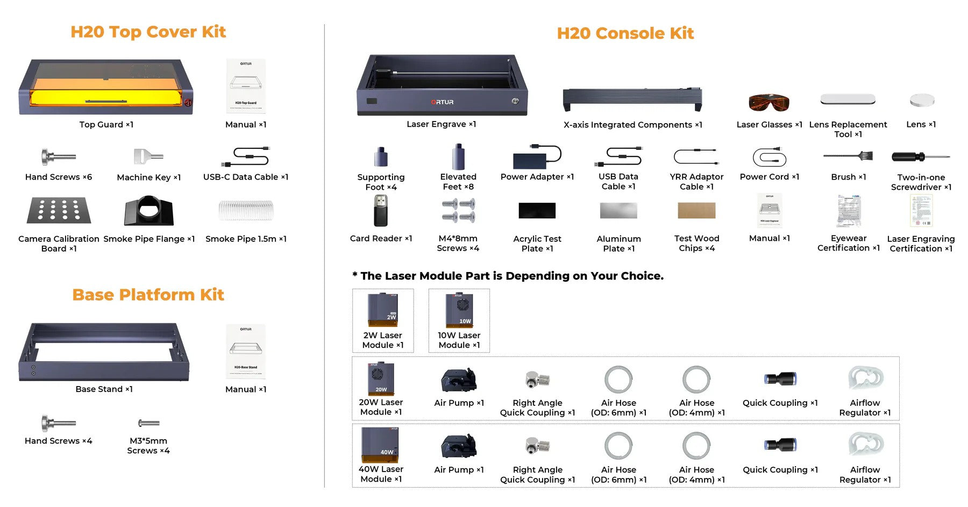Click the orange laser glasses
[x=769, y=102]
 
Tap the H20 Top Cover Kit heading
[x=148, y=32]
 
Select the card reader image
[x=381, y=210]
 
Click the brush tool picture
[x=848, y=156]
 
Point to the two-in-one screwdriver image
[x=920, y=157]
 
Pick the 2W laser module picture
[x=383, y=310]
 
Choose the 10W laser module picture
[x=459, y=310]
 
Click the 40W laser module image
[x=380, y=445]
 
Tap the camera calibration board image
[x=59, y=210]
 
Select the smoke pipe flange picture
[x=149, y=211]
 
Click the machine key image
[x=148, y=156]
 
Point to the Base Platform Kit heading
[x=148, y=295]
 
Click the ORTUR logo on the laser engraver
[x=442, y=102]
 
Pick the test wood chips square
[x=696, y=210]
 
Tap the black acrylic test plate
[x=537, y=210]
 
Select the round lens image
[x=922, y=101]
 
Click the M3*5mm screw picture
[x=149, y=423]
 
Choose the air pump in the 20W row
[x=459, y=380]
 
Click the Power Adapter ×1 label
[x=537, y=177]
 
